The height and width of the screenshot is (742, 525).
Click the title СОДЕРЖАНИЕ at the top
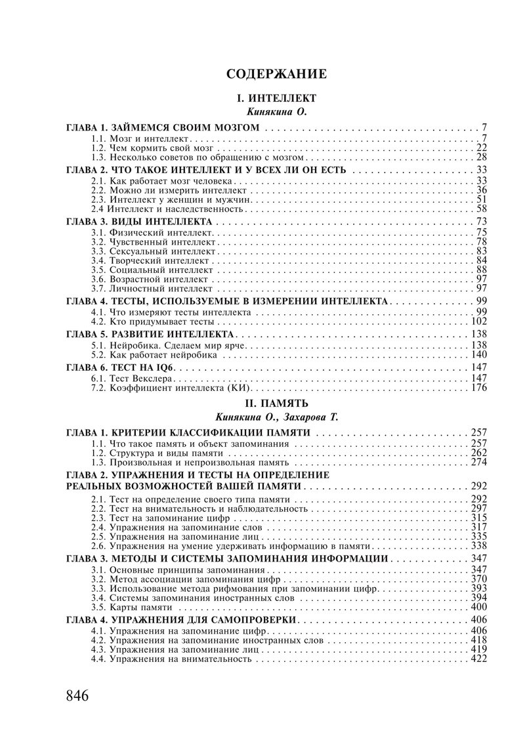click(x=276, y=73)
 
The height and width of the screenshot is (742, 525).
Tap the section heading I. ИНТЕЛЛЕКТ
click(x=276, y=98)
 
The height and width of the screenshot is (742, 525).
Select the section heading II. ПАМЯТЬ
click(x=276, y=402)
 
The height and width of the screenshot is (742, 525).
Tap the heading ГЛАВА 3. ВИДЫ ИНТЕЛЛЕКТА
click(x=139, y=221)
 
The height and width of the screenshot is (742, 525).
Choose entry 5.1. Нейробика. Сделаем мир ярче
click(x=169, y=345)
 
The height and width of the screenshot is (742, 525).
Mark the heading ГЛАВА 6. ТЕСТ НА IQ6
click(x=124, y=367)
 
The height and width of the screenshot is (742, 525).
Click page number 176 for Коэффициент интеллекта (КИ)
click(x=478, y=388)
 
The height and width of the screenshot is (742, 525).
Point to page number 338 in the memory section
click(x=478, y=546)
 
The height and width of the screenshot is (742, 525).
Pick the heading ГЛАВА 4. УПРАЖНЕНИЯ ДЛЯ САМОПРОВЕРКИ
click(x=182, y=619)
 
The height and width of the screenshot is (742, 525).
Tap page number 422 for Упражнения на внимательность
click(x=478, y=659)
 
